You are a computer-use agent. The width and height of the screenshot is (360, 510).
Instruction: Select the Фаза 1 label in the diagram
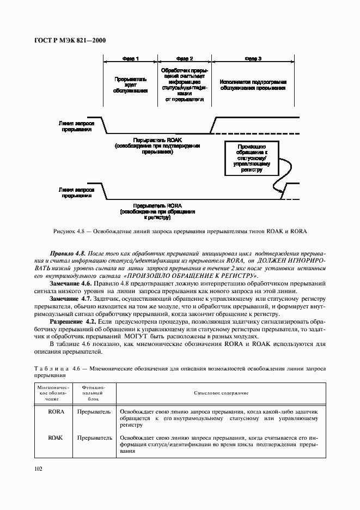coord(130,58)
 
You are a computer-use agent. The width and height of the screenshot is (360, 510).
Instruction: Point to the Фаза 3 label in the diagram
coord(253,58)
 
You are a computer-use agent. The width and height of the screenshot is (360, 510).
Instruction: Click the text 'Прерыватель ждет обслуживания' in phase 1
coord(130,85)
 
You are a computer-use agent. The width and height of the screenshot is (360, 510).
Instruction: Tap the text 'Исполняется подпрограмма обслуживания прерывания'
coord(253,85)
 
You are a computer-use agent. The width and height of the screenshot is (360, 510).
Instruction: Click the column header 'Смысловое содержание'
coord(221,393)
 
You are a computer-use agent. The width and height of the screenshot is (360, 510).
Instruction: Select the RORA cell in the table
coord(56,412)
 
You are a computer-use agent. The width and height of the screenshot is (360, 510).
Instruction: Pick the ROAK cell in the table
coord(56,438)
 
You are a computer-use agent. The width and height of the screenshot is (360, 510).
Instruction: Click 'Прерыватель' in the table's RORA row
coord(94,412)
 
